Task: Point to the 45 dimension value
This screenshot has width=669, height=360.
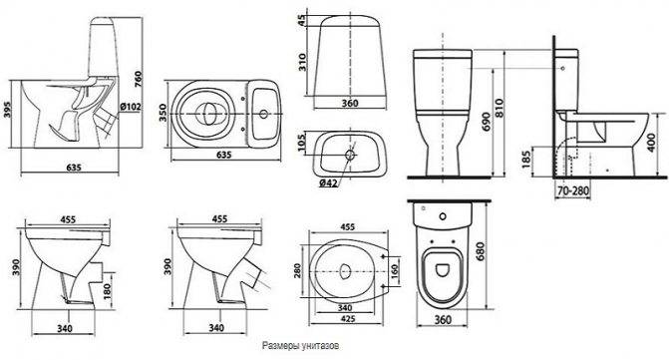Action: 302,23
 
